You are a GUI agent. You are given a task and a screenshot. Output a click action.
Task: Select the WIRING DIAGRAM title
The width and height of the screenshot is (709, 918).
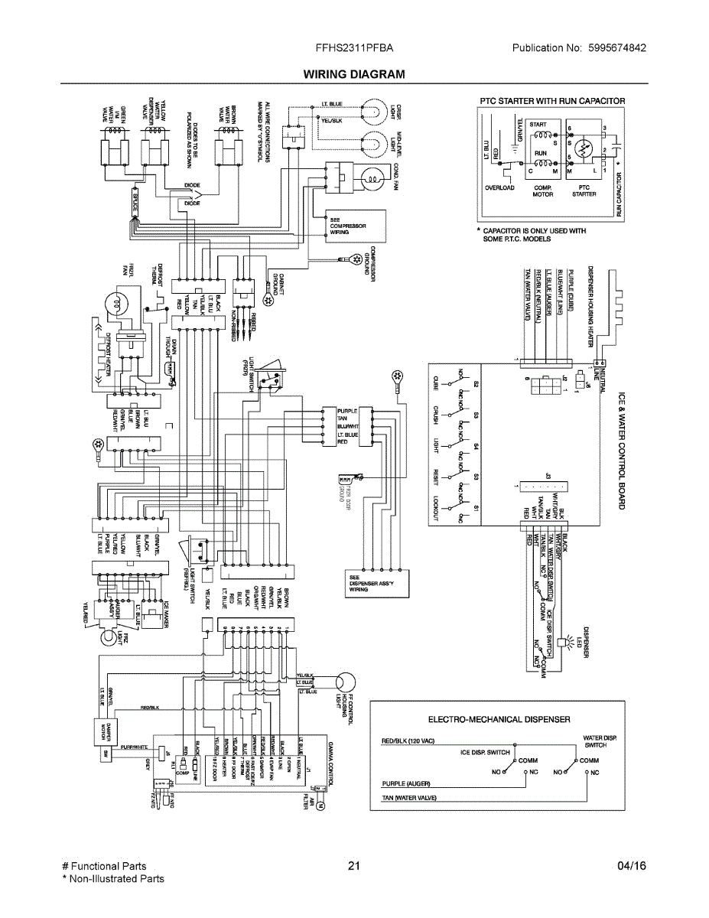coord(354,74)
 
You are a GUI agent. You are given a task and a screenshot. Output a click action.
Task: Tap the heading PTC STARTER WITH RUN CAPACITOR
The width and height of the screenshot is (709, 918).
coord(552,101)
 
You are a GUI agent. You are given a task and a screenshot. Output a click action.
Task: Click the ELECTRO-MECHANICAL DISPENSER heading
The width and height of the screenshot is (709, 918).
coord(499,719)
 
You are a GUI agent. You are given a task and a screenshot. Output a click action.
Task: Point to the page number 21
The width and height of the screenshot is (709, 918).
coord(353,866)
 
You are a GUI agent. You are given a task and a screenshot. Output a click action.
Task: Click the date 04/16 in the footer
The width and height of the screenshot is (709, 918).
coord(631,866)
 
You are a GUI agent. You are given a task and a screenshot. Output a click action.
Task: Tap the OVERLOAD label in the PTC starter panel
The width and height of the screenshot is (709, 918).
coord(499,188)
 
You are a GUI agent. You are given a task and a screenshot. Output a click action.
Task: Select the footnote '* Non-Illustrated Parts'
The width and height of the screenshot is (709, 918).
coord(112,878)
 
